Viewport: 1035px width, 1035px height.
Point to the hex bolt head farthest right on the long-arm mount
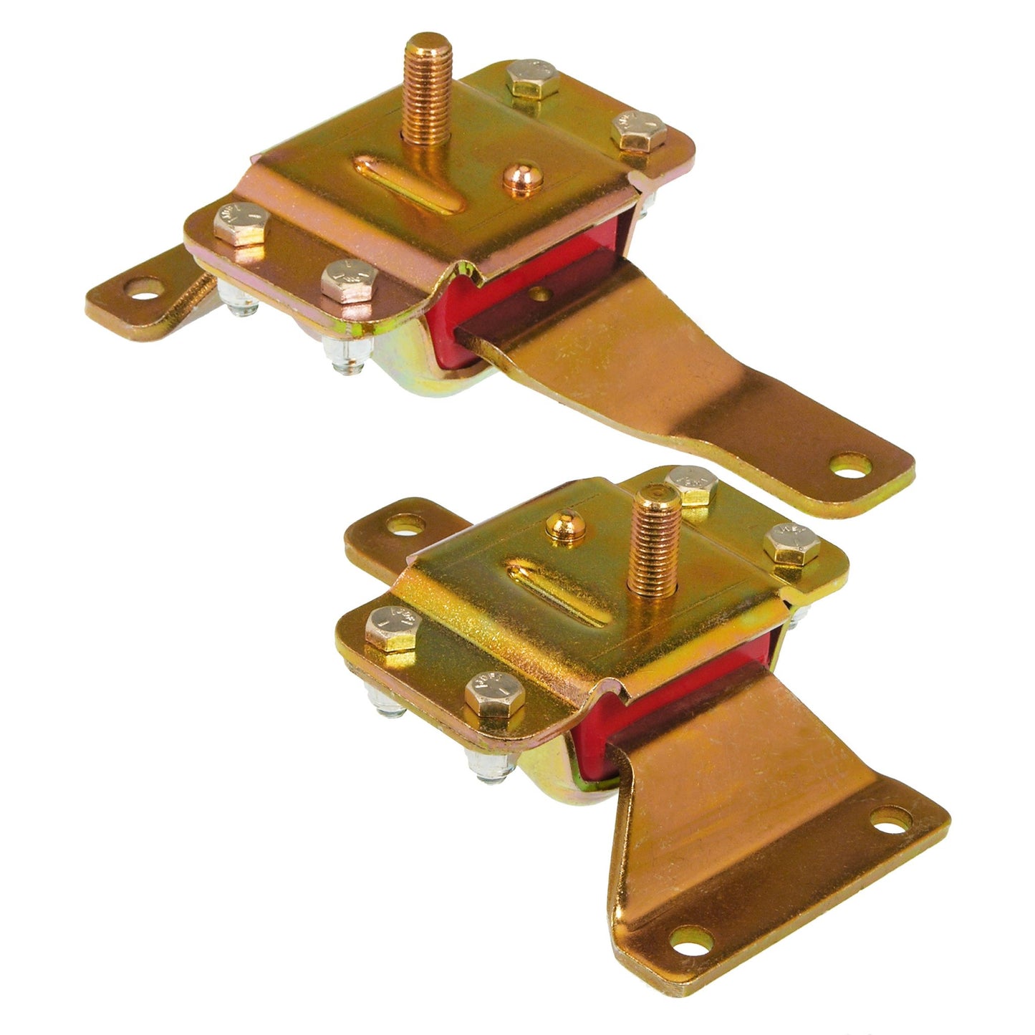pyautogui.click(x=638, y=130)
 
